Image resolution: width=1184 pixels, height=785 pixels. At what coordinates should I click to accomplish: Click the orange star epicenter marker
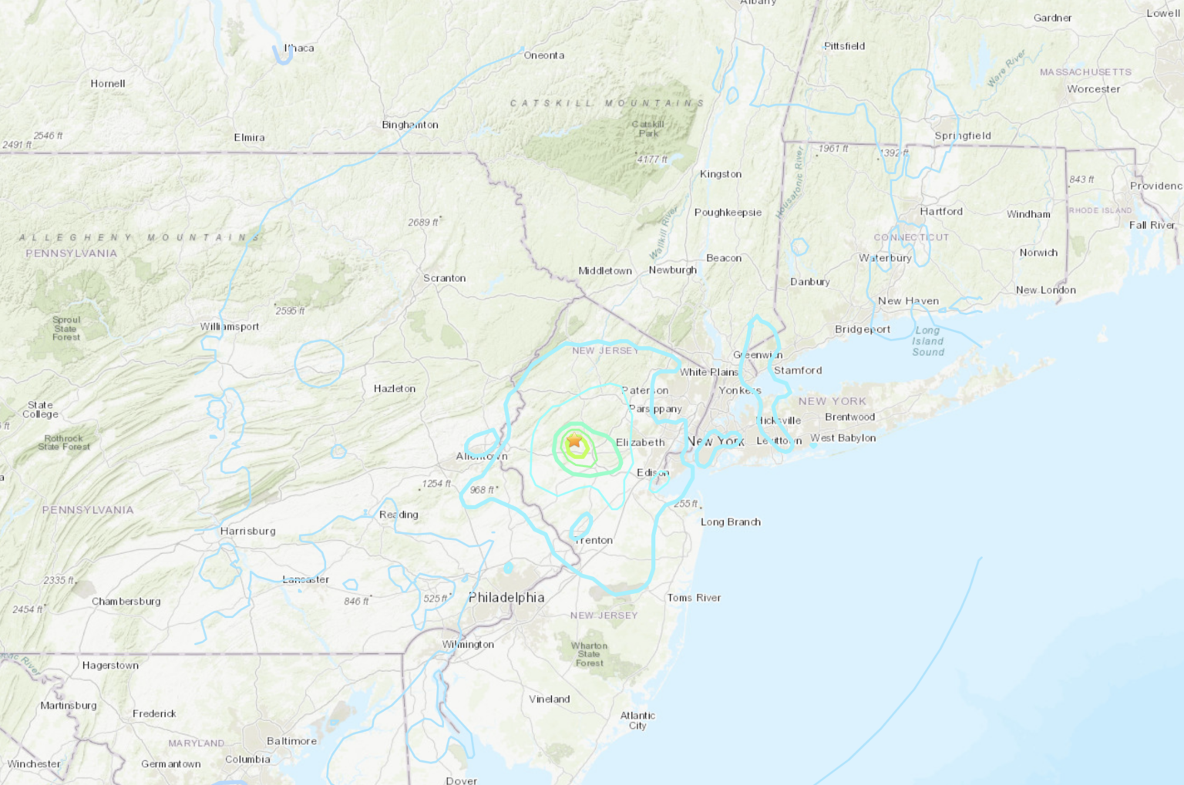pos(574,441)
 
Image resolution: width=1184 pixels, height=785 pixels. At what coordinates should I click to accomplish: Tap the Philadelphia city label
pos(506,598)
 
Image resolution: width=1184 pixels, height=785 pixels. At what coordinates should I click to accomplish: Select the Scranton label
pos(444,278)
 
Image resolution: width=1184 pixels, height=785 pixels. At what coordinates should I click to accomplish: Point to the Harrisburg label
pos(247,531)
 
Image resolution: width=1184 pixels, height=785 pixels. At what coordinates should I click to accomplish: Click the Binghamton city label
pos(410,125)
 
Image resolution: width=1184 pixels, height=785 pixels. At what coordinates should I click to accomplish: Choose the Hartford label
pos(941,211)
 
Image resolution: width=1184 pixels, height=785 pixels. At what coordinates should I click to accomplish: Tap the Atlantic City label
pos(637,720)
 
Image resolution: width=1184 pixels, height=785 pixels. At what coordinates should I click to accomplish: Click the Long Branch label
pos(730,522)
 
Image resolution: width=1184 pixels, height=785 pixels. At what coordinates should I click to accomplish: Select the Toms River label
pos(694,598)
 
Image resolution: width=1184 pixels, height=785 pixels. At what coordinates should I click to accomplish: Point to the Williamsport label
pos(230,327)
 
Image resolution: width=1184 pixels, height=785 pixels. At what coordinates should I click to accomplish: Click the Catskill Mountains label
pos(607,103)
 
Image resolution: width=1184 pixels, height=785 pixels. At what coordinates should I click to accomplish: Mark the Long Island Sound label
pos(928,341)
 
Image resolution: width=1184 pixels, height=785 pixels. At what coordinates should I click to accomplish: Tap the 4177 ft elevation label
pos(652,159)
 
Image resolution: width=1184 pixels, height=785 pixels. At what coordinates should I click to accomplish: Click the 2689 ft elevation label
pos(423,223)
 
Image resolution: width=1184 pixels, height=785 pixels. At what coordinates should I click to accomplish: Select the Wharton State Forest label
pos(590,654)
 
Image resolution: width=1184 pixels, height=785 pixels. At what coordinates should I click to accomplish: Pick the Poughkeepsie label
pos(728,213)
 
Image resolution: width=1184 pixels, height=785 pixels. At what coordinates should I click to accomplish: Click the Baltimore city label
pos(291,741)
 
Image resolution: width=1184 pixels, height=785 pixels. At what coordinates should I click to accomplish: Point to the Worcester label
pos(1093,89)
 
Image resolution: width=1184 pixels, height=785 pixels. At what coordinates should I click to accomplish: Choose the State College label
pos(40,410)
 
